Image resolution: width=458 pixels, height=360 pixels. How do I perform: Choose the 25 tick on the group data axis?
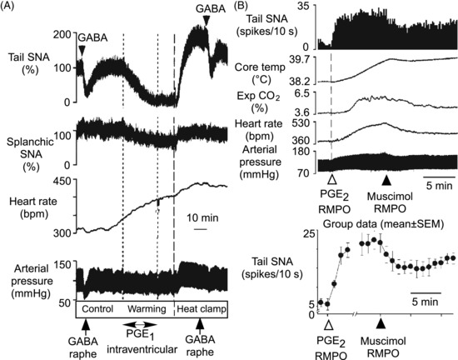point(310,233)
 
